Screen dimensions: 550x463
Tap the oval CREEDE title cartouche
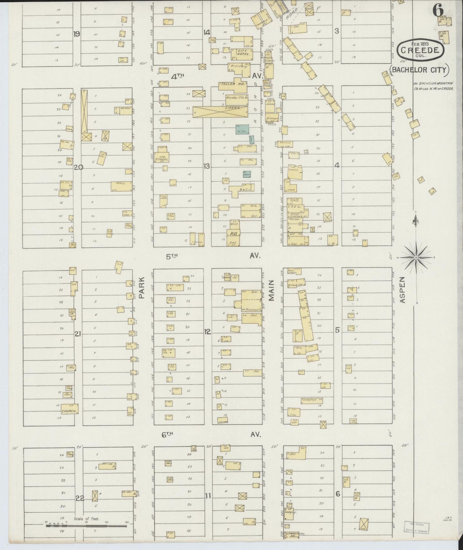coord(420,51)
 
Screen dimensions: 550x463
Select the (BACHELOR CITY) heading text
coord(419,70)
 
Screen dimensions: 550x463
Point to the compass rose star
coord(416,257)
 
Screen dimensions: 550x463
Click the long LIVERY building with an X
coord(220,111)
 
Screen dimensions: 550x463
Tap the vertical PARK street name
coord(142,288)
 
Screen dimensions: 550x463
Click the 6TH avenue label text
coord(167,434)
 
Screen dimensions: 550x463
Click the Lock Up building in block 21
coord(72,313)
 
